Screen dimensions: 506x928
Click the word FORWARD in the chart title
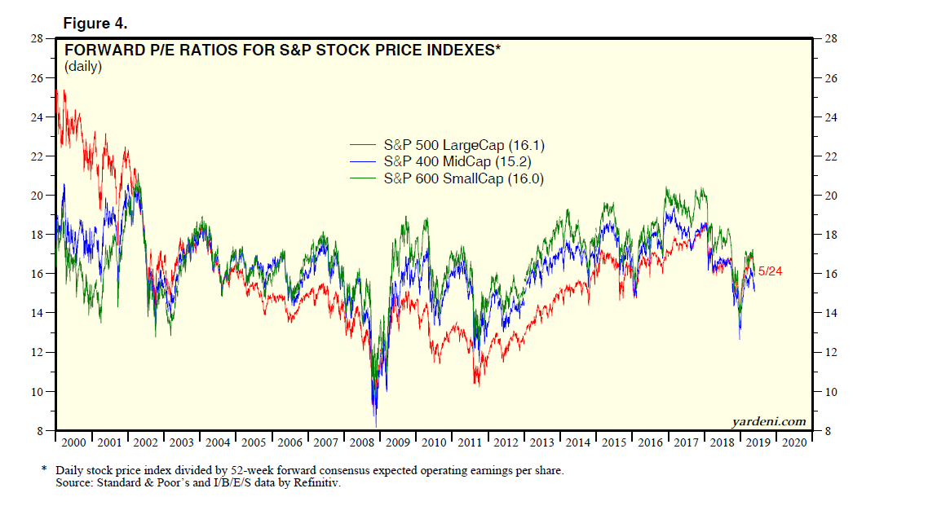pyautogui.click(x=102, y=51)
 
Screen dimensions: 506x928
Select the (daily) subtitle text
pyautogui.click(x=83, y=67)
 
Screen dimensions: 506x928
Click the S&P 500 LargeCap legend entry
pyautogui.click(x=463, y=146)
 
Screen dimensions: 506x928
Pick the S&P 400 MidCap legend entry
pyautogui.click(x=458, y=162)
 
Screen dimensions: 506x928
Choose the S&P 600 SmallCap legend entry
pyautogui.click(x=463, y=178)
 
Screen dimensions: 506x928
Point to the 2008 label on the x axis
pyautogui.click(x=361, y=442)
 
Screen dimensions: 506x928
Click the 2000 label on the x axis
pyautogui.click(x=73, y=442)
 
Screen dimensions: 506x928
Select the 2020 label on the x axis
pyautogui.click(x=793, y=442)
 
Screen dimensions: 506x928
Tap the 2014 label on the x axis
pyautogui.click(x=577, y=442)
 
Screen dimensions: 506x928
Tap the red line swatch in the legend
pyautogui.click(x=363, y=146)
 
